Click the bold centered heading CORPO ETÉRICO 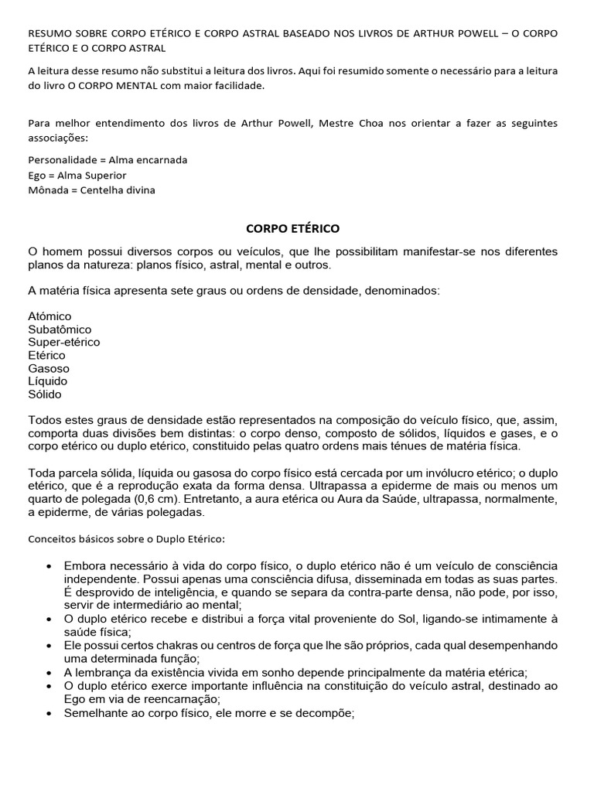point(292,228)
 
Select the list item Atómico point(49,316)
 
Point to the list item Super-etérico point(64,342)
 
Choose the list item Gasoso point(48,368)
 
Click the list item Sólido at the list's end point(45,394)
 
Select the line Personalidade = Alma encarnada point(108,159)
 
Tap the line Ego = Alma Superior point(77,175)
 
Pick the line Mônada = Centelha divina point(91,190)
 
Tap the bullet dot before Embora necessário point(50,565)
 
